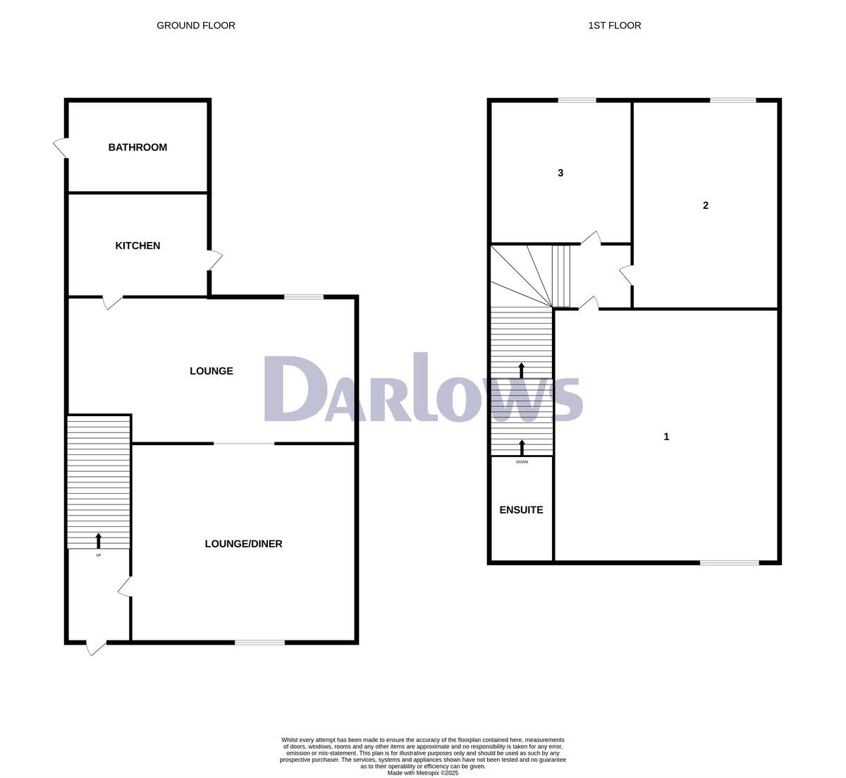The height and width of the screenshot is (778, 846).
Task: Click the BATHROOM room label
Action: [137, 147]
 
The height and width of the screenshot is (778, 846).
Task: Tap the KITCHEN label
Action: [137, 245]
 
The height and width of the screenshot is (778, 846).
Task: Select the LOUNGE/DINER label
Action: [243, 544]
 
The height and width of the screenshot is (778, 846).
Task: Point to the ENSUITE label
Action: [521, 510]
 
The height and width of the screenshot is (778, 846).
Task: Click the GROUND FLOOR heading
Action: [196, 25]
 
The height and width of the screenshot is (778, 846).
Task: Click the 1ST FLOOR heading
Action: [615, 25]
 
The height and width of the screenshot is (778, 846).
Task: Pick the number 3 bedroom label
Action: [560, 173]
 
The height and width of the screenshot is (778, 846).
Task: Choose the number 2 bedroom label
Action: [706, 205]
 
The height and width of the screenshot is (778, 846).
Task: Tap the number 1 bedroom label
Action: [666, 437]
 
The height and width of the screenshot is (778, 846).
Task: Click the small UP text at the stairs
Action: [98, 555]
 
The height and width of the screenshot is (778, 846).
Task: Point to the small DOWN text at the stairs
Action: [522, 462]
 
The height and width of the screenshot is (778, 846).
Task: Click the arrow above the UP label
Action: [98, 541]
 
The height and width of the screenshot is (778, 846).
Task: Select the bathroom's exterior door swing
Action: [61, 148]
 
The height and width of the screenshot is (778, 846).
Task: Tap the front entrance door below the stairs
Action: [95, 646]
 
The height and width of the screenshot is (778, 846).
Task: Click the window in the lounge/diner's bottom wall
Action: [259, 642]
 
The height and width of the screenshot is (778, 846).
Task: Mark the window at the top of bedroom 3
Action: [577, 101]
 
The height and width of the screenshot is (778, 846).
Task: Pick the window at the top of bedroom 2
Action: [732, 101]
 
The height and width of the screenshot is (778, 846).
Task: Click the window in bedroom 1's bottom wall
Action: [729, 563]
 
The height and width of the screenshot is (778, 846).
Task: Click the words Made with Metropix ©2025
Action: [423, 773]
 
